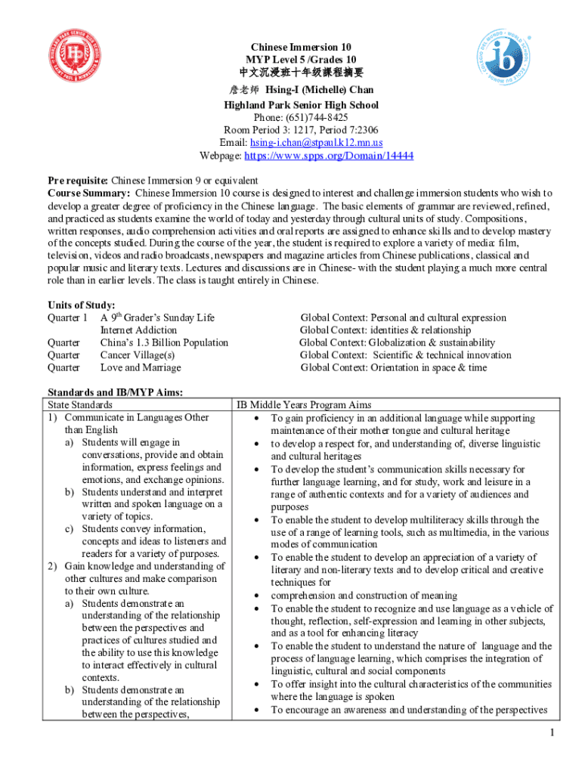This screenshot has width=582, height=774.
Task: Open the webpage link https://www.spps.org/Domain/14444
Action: click(329, 156)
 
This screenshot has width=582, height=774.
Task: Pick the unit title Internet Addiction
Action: click(139, 330)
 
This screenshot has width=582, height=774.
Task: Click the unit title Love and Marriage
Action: click(141, 368)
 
